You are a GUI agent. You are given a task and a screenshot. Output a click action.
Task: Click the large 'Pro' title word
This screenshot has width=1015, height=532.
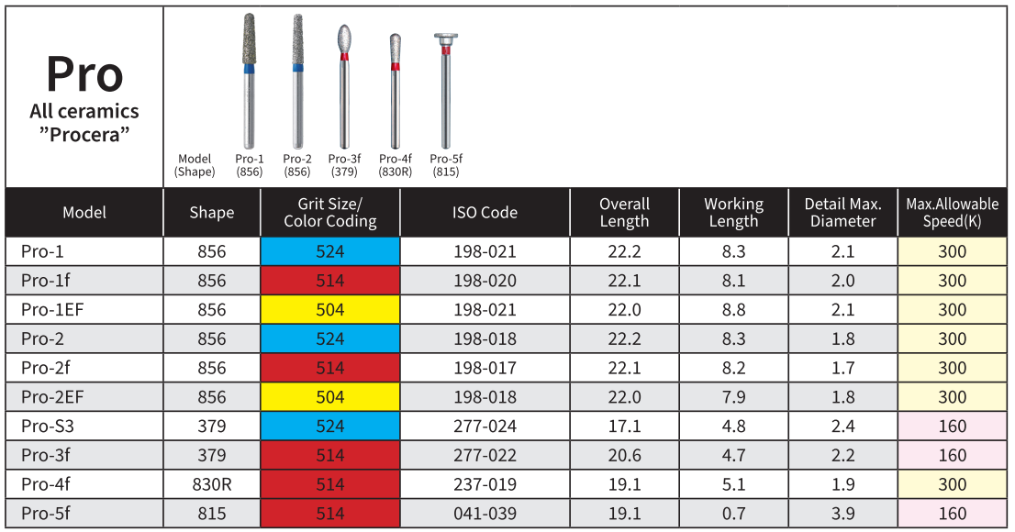[x=84, y=73]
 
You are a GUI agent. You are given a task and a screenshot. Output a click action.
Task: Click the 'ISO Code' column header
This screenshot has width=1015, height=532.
[x=485, y=213]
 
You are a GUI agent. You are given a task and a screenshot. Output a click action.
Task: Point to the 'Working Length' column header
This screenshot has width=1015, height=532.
[x=733, y=213]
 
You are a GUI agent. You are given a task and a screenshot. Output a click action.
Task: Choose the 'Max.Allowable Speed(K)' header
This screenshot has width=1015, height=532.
[x=952, y=213]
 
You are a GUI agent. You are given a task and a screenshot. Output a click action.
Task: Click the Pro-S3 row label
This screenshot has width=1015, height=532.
[x=43, y=427]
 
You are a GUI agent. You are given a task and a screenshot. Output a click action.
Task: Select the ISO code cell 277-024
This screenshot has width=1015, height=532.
[x=485, y=427]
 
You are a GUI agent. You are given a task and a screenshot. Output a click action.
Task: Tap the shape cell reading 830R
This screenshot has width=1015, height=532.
[x=212, y=485]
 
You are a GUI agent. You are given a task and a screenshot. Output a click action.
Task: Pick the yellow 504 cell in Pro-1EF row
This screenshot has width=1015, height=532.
[x=330, y=310]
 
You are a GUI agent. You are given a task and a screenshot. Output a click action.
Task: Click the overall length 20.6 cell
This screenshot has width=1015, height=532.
[x=624, y=456]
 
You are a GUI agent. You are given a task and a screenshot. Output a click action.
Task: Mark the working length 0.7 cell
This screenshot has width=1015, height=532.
[x=733, y=515]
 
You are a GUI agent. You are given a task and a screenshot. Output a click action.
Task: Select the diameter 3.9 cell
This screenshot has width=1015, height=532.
[x=842, y=515]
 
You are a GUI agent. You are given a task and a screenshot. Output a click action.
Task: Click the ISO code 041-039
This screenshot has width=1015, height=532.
[x=485, y=515]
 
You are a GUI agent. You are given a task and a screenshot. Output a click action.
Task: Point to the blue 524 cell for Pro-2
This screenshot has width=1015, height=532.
[x=330, y=339]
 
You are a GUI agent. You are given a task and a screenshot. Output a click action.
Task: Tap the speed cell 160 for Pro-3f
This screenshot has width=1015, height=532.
[x=952, y=456]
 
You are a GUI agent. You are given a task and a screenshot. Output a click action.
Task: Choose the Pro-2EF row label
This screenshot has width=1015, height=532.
[x=53, y=397]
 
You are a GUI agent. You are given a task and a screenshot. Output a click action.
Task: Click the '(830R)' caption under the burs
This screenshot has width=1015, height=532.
[x=395, y=172]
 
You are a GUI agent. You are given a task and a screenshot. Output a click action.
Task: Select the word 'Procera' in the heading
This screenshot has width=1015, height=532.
[x=84, y=135]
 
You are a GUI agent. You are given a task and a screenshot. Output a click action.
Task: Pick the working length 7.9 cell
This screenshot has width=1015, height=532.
[x=733, y=397]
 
